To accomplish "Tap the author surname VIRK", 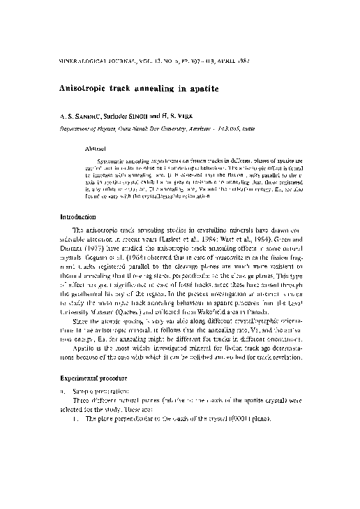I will tap(187, 117).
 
